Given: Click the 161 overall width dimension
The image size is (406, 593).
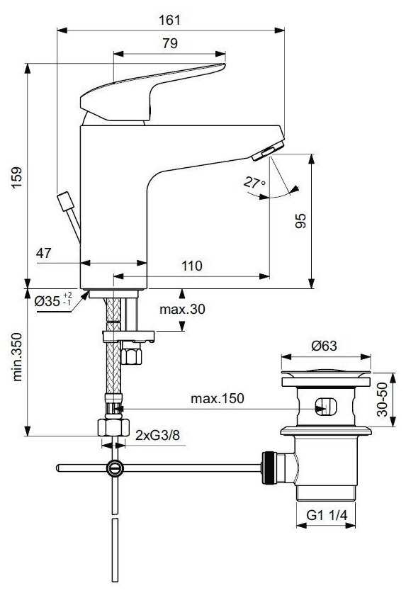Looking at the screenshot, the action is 169,20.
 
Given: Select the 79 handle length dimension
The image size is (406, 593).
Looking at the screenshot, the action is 170,43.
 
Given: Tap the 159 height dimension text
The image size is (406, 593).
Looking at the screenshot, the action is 16,178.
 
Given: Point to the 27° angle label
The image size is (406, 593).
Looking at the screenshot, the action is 254,183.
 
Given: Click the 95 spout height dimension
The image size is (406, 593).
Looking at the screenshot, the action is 300,221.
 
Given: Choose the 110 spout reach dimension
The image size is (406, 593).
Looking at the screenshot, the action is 192,266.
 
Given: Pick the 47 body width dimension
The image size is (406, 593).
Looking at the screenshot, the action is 43,253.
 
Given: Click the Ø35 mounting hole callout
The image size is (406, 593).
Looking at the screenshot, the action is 53,300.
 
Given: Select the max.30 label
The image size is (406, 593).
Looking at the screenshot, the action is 182,309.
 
